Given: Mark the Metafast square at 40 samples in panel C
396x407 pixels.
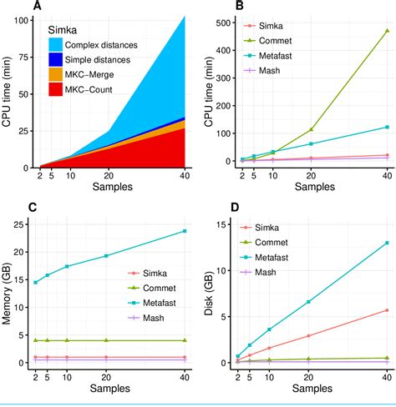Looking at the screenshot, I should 184,231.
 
